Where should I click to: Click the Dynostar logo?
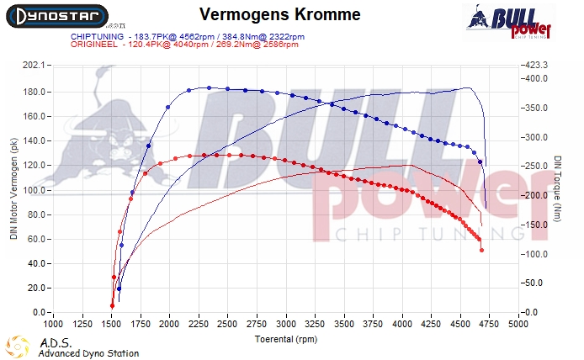coord(55,16)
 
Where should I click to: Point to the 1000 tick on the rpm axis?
coord(53,323)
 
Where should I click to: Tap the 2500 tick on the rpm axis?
coord(227,323)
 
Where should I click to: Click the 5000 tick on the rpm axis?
coord(518,323)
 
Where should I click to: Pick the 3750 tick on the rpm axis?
coord(373,323)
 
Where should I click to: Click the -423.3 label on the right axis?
coord(536,64)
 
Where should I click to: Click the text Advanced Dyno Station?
coord(88,353)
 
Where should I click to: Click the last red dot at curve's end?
coord(482,250)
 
